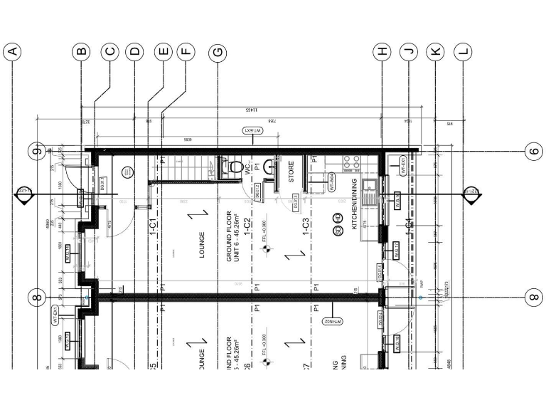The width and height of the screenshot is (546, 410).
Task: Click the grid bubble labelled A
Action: [12, 51]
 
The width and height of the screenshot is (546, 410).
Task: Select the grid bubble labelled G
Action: [217, 51]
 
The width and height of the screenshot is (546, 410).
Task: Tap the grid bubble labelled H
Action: [383, 51]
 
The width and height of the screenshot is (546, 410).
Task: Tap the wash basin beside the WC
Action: [272, 167]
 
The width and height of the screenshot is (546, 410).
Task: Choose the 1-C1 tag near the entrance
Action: [153, 225]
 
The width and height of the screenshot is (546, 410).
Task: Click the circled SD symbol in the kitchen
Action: [338, 229]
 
